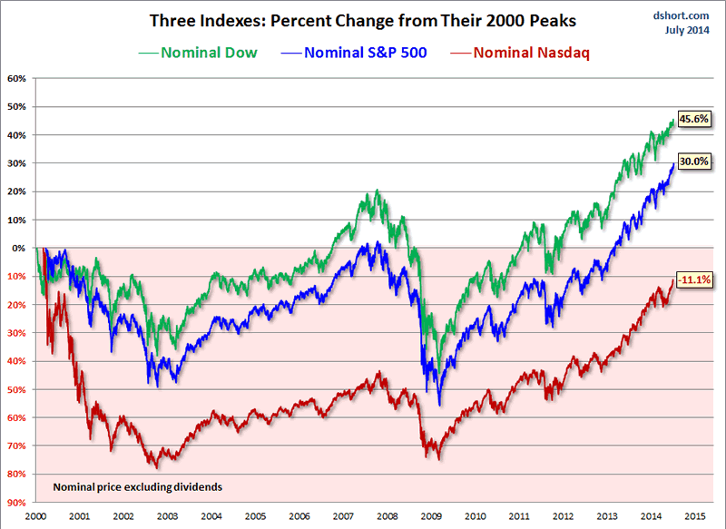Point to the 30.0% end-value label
[x=695, y=163]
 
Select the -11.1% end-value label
[x=695, y=280]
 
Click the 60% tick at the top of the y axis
[x=16, y=78]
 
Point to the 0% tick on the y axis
[x=19, y=248]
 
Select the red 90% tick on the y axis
[x=16, y=503]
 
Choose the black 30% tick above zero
[x=16, y=163]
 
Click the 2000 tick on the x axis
[x=36, y=515]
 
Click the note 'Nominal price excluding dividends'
[x=137, y=487]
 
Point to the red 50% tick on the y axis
[x=16, y=389]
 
